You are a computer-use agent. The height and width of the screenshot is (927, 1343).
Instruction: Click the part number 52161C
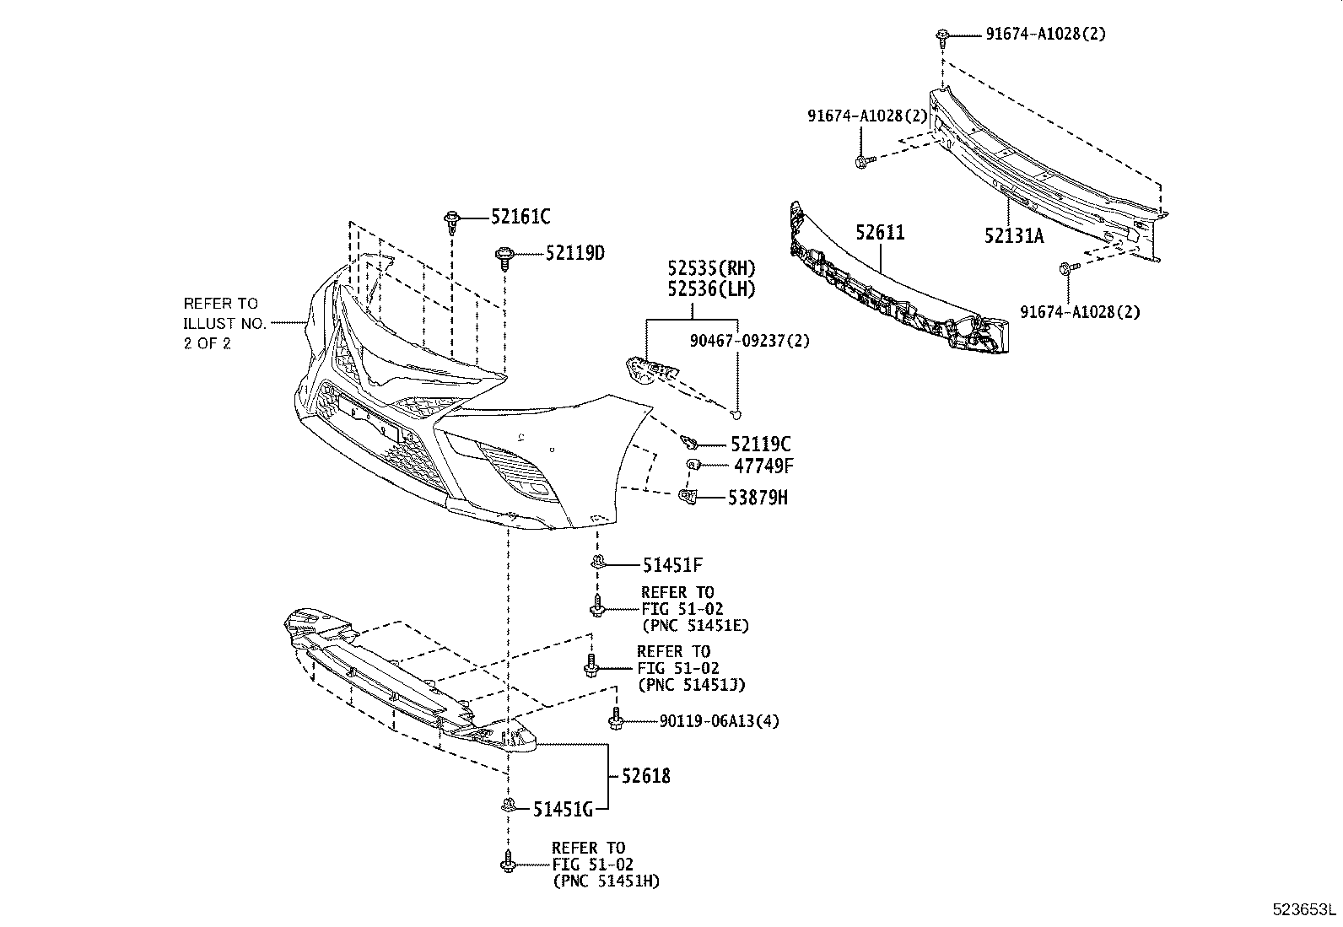click(520, 218)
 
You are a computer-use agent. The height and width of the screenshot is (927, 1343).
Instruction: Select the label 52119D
click(574, 253)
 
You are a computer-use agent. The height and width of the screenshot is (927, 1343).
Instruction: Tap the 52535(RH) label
click(711, 268)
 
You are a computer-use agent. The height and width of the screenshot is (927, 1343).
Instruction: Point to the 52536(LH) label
click(711, 288)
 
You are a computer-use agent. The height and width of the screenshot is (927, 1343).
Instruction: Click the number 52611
click(880, 232)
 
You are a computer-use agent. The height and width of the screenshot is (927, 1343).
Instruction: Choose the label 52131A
click(1013, 236)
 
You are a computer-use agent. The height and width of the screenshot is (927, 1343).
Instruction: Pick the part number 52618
click(646, 775)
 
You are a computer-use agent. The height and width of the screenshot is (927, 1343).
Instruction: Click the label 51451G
click(563, 810)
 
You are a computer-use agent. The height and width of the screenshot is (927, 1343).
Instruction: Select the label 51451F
click(671, 564)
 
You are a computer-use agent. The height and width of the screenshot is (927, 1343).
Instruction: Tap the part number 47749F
click(762, 465)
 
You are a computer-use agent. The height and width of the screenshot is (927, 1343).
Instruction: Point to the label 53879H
click(758, 498)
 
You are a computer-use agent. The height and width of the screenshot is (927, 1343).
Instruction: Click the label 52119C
click(761, 444)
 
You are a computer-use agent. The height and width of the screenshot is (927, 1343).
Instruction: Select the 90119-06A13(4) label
click(720, 721)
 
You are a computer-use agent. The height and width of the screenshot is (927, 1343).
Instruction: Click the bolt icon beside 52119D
click(504, 255)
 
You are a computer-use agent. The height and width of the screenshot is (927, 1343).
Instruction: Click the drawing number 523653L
click(1304, 910)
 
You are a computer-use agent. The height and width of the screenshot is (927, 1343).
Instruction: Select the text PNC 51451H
click(606, 881)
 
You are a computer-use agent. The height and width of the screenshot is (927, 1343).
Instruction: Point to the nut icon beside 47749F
click(693, 465)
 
